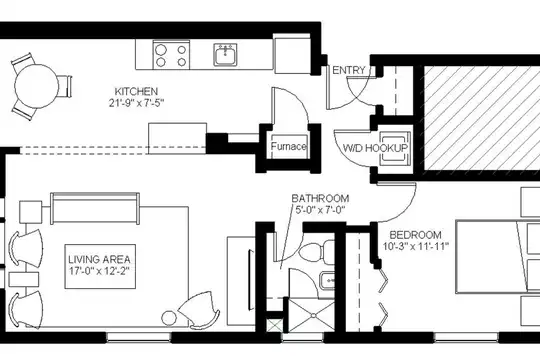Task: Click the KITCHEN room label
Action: pyautogui.click(x=136, y=92)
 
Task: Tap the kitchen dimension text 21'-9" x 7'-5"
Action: pyautogui.click(x=136, y=103)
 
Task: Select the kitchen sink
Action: pyautogui.click(x=225, y=54)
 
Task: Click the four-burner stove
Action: pyautogui.click(x=171, y=55)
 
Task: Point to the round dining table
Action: pyautogui.click(x=37, y=86)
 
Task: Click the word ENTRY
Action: pyautogui.click(x=349, y=70)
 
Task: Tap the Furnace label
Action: pyautogui.click(x=288, y=147)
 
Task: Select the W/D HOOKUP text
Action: pyautogui.click(x=375, y=148)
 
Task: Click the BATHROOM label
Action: pyautogui.click(x=320, y=198)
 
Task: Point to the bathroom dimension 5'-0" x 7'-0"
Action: pyautogui.click(x=320, y=210)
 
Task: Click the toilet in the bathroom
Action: pyautogui.click(x=316, y=251)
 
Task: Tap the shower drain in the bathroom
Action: pyautogui.click(x=313, y=315)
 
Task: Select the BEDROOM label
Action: pyautogui.click(x=415, y=235)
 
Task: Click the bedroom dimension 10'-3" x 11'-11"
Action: pyautogui.click(x=416, y=246)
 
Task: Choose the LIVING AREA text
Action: pyautogui.click(x=100, y=259)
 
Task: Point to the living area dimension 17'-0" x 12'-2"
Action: pyautogui.click(x=99, y=271)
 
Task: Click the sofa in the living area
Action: pyautogui.click(x=95, y=208)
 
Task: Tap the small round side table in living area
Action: pyautogui.click(x=169, y=318)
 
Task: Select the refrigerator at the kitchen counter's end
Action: pyautogui.click(x=292, y=53)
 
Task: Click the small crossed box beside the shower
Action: pyautogui.click(x=273, y=326)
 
